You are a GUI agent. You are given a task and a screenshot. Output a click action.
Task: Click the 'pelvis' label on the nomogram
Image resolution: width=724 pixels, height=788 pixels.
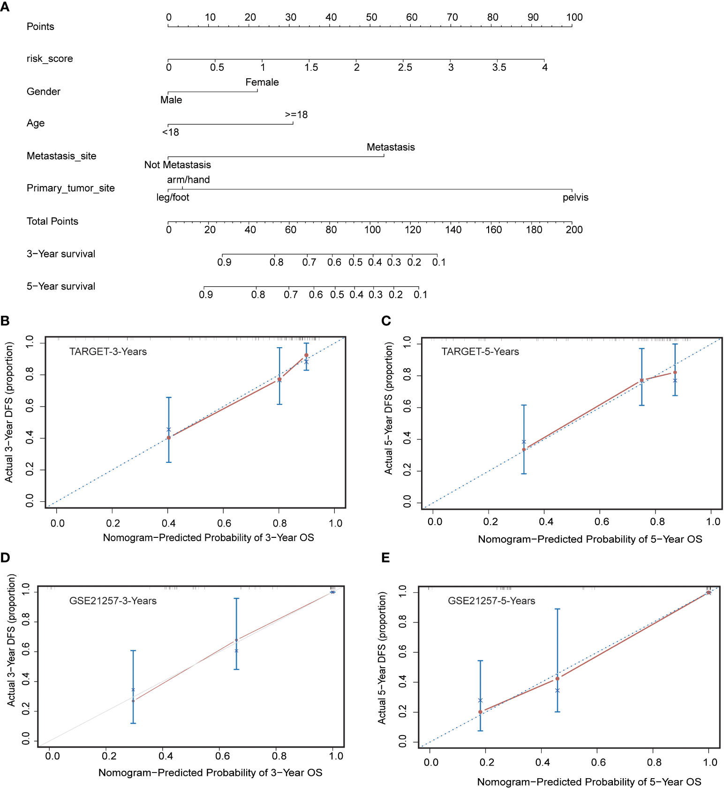click(x=575, y=198)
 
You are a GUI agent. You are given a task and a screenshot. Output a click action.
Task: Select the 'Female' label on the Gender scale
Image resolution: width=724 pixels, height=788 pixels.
click(x=262, y=82)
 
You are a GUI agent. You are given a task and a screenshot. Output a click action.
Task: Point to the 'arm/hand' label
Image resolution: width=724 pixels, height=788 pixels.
click(x=188, y=180)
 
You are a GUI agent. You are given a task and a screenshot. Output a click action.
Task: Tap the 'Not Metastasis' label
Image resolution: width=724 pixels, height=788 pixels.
click(x=177, y=165)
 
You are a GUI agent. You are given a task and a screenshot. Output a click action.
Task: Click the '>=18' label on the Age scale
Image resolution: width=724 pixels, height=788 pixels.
click(x=296, y=115)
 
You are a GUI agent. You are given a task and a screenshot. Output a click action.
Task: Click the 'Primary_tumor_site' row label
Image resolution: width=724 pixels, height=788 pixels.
click(x=70, y=188)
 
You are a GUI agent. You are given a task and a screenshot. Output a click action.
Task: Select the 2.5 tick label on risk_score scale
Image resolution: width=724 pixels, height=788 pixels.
click(x=405, y=67)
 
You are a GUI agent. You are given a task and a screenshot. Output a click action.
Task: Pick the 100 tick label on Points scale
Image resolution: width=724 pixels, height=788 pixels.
click(x=574, y=17)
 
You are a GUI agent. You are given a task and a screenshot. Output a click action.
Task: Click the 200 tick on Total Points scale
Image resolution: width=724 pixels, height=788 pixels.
click(x=574, y=230)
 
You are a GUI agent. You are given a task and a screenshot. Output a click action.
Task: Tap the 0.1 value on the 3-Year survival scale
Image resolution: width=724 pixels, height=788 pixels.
click(x=438, y=262)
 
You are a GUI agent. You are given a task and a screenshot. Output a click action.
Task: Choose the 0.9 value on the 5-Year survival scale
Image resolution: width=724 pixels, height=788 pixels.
click(x=206, y=295)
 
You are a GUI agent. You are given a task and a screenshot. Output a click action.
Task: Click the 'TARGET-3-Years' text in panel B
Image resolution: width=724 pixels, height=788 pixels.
click(x=108, y=352)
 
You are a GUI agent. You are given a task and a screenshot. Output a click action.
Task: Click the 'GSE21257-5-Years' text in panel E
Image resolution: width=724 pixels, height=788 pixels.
click(x=491, y=601)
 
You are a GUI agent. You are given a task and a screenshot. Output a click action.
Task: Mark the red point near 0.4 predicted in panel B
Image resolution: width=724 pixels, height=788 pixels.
click(x=169, y=438)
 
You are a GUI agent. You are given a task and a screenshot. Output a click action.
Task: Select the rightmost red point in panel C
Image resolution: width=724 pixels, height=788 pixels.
click(x=675, y=372)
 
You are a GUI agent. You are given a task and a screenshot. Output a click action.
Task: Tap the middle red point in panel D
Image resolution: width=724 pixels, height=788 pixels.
click(x=236, y=640)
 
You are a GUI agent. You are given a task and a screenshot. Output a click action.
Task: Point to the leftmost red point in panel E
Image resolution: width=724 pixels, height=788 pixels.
click(x=480, y=712)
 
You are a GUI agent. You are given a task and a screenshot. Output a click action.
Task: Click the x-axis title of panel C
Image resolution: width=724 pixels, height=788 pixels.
click(x=589, y=539)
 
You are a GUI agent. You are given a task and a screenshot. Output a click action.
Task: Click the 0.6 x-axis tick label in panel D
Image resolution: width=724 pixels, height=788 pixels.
click(x=222, y=756)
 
